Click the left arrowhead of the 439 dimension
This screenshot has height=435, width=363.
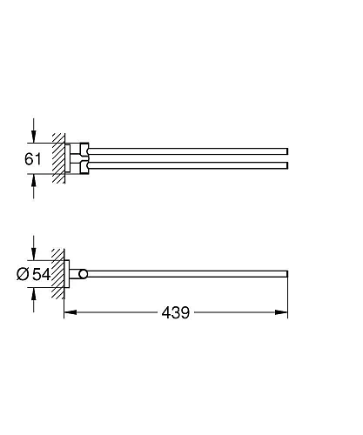(69, 311)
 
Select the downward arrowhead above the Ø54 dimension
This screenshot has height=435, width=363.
(33, 253)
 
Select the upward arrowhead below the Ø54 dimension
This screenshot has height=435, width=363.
(33, 295)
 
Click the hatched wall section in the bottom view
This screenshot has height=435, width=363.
(58, 274)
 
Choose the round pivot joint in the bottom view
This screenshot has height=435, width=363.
(83, 274)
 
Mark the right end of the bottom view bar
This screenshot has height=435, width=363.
(286, 273)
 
